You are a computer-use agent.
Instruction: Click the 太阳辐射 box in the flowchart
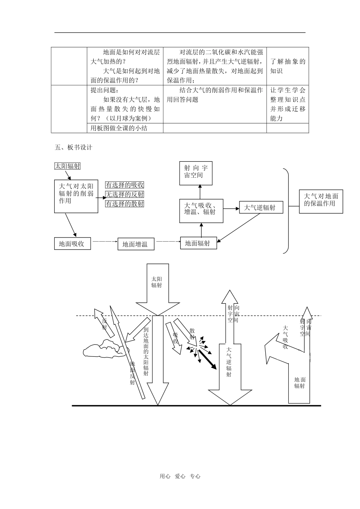click(67, 166)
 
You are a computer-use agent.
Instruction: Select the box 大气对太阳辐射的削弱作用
click(76, 196)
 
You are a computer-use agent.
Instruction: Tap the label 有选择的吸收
click(125, 185)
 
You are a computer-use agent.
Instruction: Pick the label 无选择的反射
click(125, 194)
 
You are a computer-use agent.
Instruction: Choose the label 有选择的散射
click(125, 204)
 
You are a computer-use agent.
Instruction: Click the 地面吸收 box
click(73, 244)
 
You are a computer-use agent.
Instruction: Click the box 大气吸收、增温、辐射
click(201, 211)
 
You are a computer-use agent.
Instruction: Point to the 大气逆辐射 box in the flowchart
click(261, 208)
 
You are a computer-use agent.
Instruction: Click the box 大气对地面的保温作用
click(321, 201)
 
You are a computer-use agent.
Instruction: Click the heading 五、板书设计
click(73, 147)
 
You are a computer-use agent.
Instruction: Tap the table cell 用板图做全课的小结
click(119, 128)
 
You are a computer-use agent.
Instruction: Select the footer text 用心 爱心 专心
click(180, 476)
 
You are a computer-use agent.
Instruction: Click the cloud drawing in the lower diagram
click(102, 349)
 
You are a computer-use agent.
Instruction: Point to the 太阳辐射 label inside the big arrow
click(157, 282)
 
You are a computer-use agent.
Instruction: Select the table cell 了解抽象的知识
click(288, 66)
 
